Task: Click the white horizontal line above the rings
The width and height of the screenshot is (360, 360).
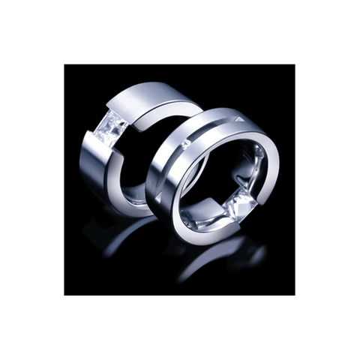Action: click(180, 63)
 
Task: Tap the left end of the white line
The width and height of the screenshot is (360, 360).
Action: click(64, 63)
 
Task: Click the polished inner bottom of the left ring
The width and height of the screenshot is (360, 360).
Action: click(135, 199)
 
